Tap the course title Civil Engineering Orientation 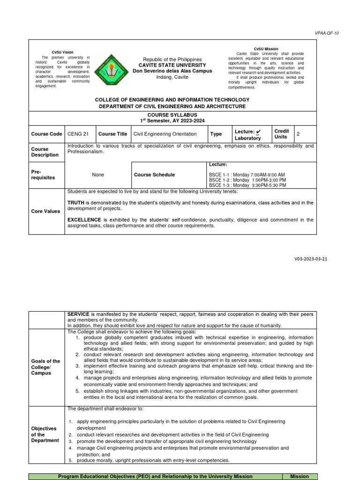click(x=165, y=134)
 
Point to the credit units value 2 click(x=298, y=134)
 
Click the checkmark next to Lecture click(x=258, y=131)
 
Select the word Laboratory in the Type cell click(x=247, y=138)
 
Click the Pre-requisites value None click(x=98, y=175)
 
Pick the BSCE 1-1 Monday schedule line click(x=247, y=174)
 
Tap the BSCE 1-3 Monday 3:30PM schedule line click(x=247, y=185)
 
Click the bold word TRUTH click(x=76, y=202)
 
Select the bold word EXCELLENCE click(x=84, y=219)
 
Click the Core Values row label click(x=45, y=211)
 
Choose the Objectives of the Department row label click(x=45, y=435)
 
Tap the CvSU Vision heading click(x=62, y=52)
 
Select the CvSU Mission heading click(x=266, y=49)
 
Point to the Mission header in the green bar click(x=299, y=476)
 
